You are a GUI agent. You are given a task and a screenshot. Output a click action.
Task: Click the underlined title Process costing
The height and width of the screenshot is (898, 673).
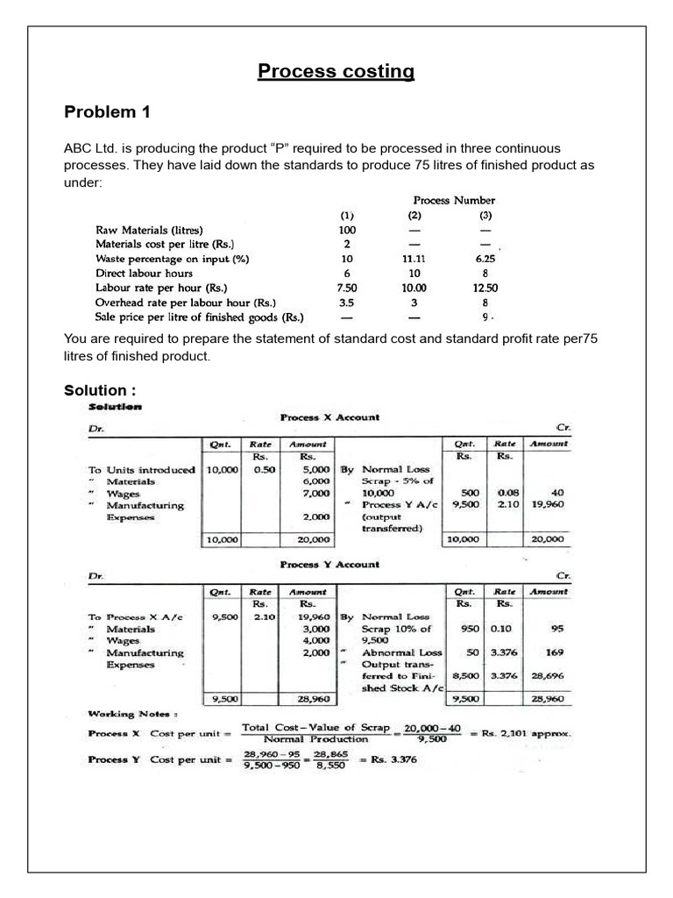tap(336, 71)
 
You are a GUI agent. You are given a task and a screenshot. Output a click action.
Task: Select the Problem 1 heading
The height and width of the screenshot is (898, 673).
tap(108, 112)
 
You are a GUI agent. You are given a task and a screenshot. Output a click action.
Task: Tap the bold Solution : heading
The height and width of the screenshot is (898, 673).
tap(100, 389)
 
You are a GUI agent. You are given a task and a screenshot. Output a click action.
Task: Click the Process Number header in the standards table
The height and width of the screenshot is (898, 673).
tap(454, 200)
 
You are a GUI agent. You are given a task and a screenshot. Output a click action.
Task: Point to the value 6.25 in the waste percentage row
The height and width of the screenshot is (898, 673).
tap(485, 260)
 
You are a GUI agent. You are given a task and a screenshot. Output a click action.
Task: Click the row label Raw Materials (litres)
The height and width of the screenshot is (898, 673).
tap(152, 231)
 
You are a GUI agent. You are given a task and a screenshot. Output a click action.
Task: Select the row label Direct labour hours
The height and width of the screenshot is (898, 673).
tap(144, 274)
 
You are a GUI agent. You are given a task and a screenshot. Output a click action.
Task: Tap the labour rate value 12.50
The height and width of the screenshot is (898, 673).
tap(485, 288)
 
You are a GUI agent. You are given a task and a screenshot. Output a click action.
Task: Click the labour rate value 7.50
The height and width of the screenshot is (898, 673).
tap(347, 288)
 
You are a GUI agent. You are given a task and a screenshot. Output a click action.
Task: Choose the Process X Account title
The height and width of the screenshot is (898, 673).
tap(329, 417)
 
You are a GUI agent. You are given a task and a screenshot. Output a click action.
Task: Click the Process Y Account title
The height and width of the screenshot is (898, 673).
tap(329, 565)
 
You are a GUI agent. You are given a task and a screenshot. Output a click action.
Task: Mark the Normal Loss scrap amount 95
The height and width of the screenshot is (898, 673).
tap(556, 629)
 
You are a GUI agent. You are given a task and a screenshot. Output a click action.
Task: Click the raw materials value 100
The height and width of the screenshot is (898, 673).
tap(347, 231)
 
